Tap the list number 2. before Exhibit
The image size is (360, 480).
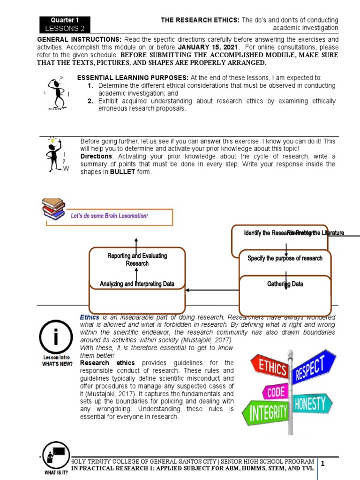click(x=91, y=101)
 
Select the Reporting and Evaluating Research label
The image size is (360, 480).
click(x=137, y=260)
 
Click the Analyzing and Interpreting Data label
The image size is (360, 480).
click(x=137, y=284)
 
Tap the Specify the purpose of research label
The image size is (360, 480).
click(x=285, y=258)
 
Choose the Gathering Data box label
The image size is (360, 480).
click(x=285, y=284)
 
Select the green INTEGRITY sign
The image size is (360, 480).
click(x=265, y=412)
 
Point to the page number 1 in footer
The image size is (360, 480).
click(x=323, y=463)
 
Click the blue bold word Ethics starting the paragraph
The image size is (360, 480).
click(x=90, y=317)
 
